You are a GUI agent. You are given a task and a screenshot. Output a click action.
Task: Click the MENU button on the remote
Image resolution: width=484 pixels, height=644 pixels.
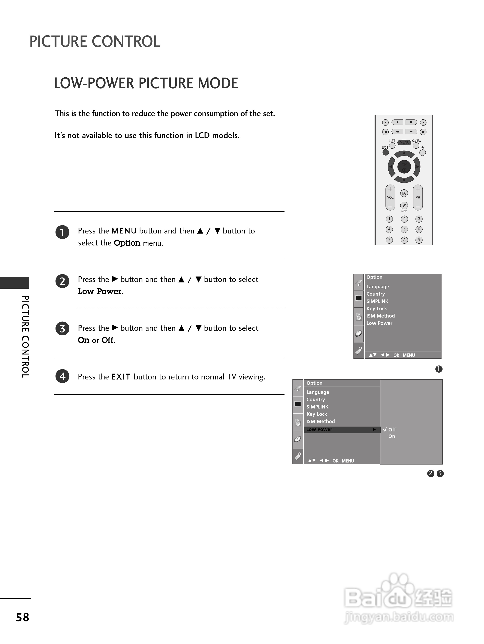coord(404,142)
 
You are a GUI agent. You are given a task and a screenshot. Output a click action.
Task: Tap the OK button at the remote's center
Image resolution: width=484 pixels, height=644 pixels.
coord(404,166)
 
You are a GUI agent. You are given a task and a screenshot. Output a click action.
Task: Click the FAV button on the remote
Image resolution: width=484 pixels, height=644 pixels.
coord(404,193)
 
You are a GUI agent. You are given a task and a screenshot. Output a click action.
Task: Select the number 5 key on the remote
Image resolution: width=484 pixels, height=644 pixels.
coord(404,229)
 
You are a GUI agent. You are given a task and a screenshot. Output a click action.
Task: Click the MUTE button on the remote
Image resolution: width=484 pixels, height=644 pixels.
coord(404,205)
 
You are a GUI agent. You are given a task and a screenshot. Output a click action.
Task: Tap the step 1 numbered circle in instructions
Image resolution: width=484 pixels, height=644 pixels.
coord(62,232)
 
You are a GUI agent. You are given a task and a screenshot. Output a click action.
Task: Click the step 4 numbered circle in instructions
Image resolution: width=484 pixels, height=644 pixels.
coord(62,376)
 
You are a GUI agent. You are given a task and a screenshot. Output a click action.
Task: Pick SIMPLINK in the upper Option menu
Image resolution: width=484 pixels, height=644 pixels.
coord(377,301)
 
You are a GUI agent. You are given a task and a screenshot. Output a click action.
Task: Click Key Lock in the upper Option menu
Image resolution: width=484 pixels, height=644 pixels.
coord(377,309)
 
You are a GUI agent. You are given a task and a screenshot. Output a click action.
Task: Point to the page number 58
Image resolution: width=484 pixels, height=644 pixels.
coord(22,617)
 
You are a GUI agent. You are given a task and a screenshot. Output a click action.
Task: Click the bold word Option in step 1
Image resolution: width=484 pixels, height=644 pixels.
coord(127,243)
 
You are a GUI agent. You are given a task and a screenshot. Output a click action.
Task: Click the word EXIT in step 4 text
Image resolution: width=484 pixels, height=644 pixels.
coord(121,377)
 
